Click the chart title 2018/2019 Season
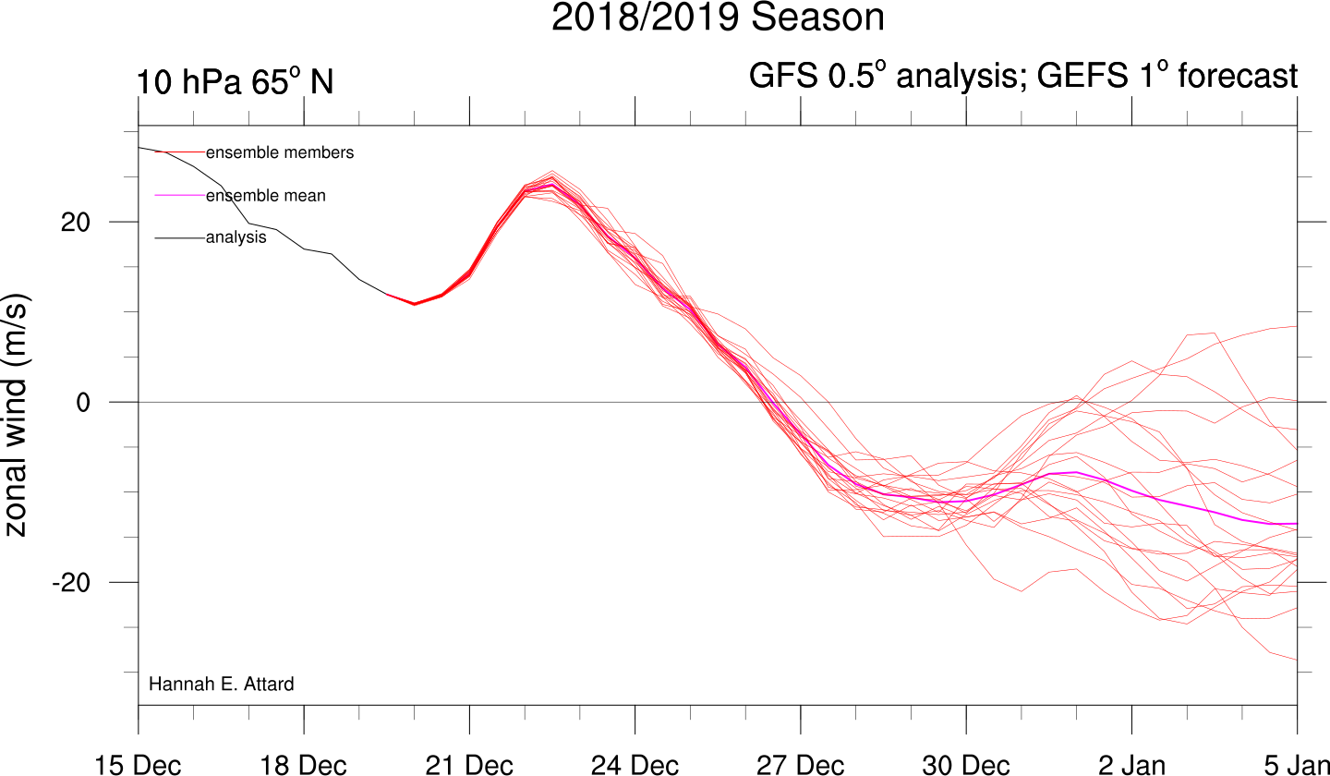718,17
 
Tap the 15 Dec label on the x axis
138,765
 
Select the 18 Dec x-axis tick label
303,765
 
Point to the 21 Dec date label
469,765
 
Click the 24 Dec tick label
635,765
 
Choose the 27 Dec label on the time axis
801,765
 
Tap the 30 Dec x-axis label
966,765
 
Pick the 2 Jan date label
1131,765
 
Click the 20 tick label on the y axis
76,222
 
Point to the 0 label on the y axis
83,403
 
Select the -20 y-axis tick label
71,583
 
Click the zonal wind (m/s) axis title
16,415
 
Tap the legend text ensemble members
280,152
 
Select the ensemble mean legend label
265,195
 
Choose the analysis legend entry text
236,237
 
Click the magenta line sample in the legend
180,195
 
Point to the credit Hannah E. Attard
221,684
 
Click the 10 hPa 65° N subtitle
235,81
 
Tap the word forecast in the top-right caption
1238,76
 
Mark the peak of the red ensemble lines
552,171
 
